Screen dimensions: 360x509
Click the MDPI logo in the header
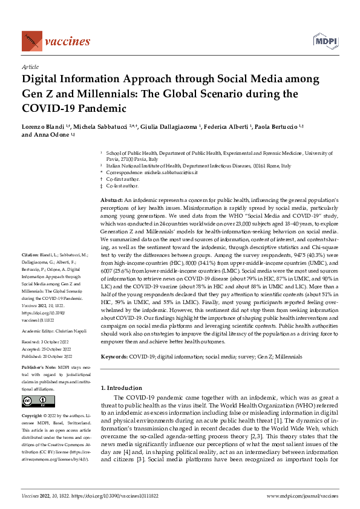(x=324, y=41)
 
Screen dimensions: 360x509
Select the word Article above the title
(x=30, y=68)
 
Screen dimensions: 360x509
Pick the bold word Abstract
(x=111, y=199)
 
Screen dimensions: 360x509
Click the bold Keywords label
(x=114, y=357)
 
